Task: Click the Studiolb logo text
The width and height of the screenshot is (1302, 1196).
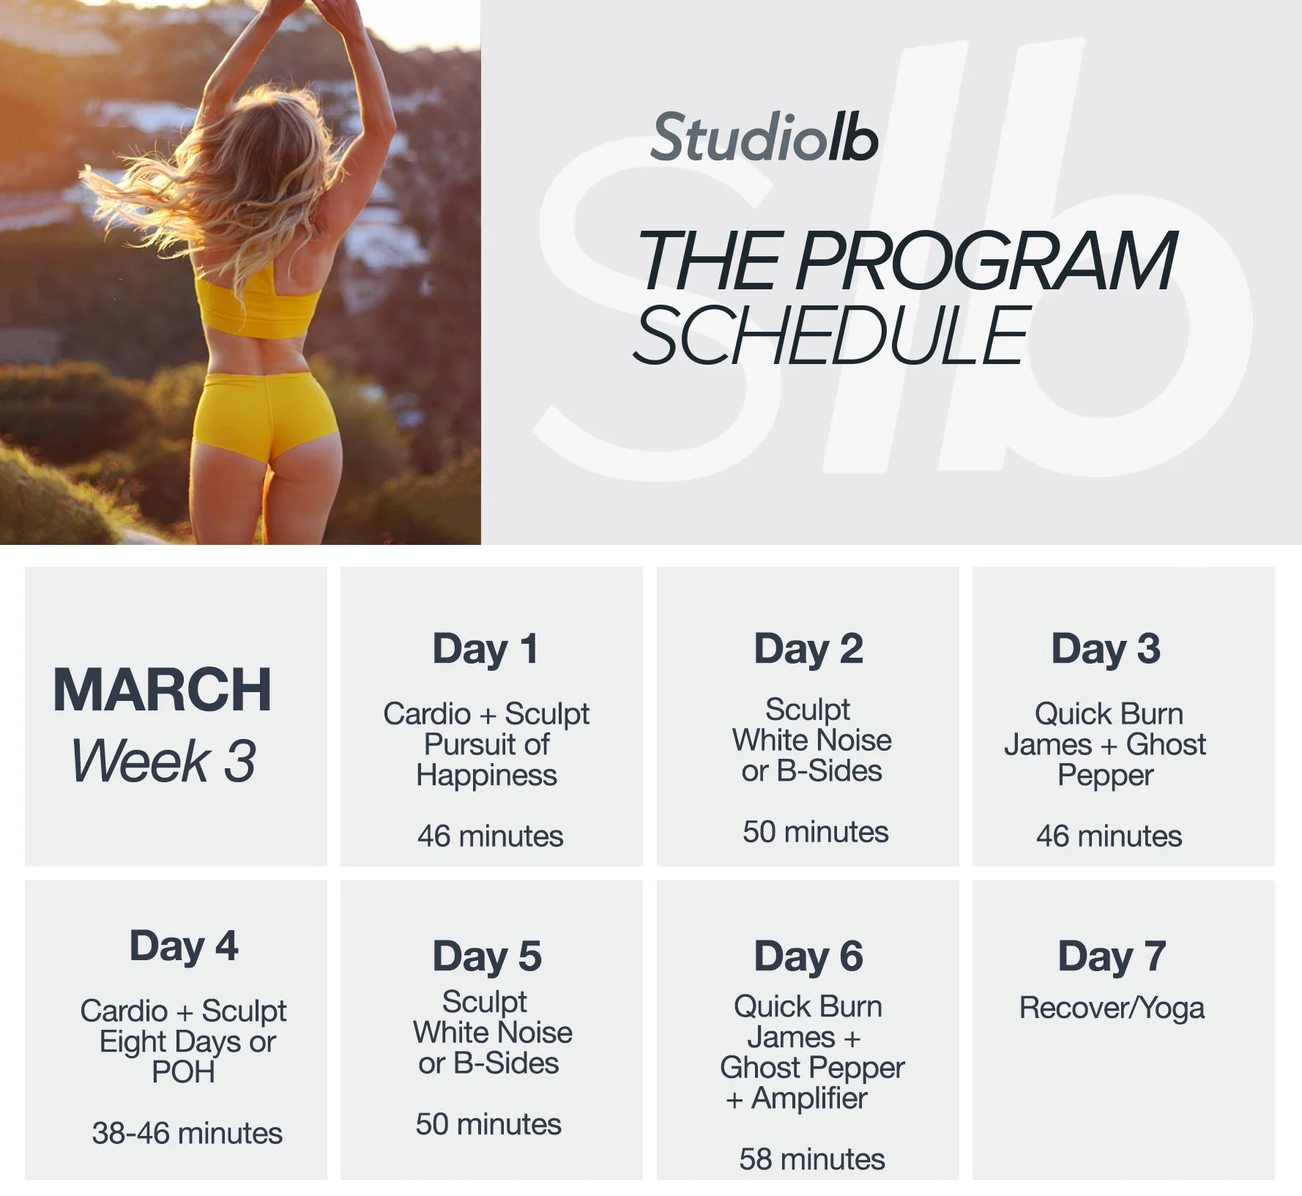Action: pyautogui.click(x=764, y=138)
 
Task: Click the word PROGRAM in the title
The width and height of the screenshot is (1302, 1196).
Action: pyautogui.click(x=986, y=261)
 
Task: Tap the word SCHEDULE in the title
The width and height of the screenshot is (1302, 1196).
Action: pyautogui.click(x=832, y=336)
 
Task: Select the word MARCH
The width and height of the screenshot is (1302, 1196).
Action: pyautogui.click(x=163, y=690)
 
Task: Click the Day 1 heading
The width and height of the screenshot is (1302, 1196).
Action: pyautogui.click(x=486, y=649)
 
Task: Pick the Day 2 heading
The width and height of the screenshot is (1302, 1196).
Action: pyautogui.click(x=808, y=649)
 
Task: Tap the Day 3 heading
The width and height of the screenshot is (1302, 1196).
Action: pyautogui.click(x=1106, y=649)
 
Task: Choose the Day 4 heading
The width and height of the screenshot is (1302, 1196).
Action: pyautogui.click(x=184, y=946)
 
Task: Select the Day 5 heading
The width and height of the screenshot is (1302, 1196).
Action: pyautogui.click(x=487, y=957)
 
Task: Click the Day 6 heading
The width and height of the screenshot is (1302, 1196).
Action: pyautogui.click(x=808, y=957)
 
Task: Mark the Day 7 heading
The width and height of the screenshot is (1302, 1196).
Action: pyautogui.click(x=1112, y=957)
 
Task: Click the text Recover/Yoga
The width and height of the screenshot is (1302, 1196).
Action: pyautogui.click(x=1112, y=1009)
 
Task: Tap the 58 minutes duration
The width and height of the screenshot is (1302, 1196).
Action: pyautogui.click(x=812, y=1159)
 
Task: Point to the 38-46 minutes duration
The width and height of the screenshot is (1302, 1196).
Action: pyautogui.click(x=187, y=1133)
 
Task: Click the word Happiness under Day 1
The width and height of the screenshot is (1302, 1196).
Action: pyautogui.click(x=487, y=775)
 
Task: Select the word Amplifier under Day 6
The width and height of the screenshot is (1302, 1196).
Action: pyautogui.click(x=808, y=1099)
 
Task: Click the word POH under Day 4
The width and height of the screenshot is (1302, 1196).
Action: pyautogui.click(x=183, y=1072)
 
